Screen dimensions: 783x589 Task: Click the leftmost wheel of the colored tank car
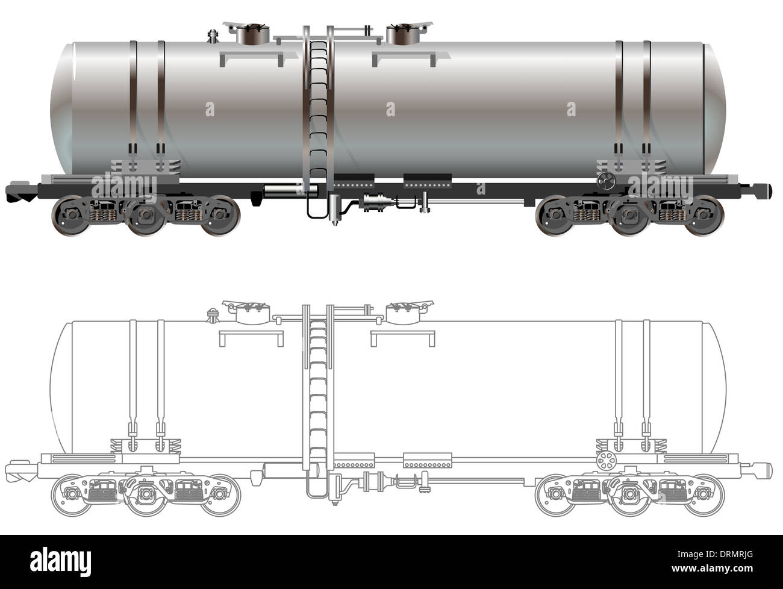click(70, 216)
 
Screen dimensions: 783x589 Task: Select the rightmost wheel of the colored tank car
click(704, 216)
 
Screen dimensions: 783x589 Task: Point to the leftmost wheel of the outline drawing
click(70, 495)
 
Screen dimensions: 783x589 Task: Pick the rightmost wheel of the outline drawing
click(704, 495)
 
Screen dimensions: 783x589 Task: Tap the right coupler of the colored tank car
click(756, 191)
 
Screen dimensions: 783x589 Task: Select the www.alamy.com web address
click(712, 569)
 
